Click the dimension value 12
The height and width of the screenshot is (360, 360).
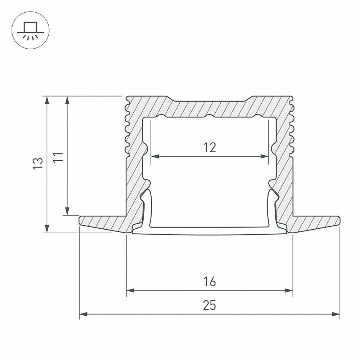click(210, 147)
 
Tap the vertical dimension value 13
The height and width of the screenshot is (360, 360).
click(38, 163)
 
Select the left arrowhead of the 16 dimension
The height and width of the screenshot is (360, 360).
click(130, 290)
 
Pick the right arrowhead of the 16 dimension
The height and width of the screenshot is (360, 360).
click(289, 290)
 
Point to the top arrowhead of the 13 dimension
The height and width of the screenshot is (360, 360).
click(47, 100)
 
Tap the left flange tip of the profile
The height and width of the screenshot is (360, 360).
click(81, 220)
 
